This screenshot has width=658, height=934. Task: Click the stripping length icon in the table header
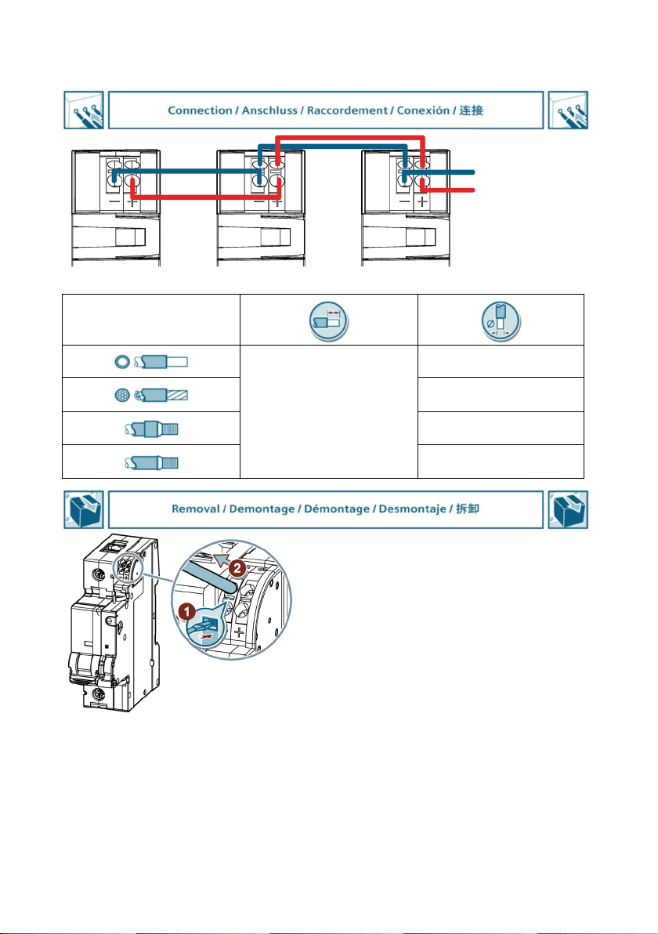(x=328, y=320)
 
